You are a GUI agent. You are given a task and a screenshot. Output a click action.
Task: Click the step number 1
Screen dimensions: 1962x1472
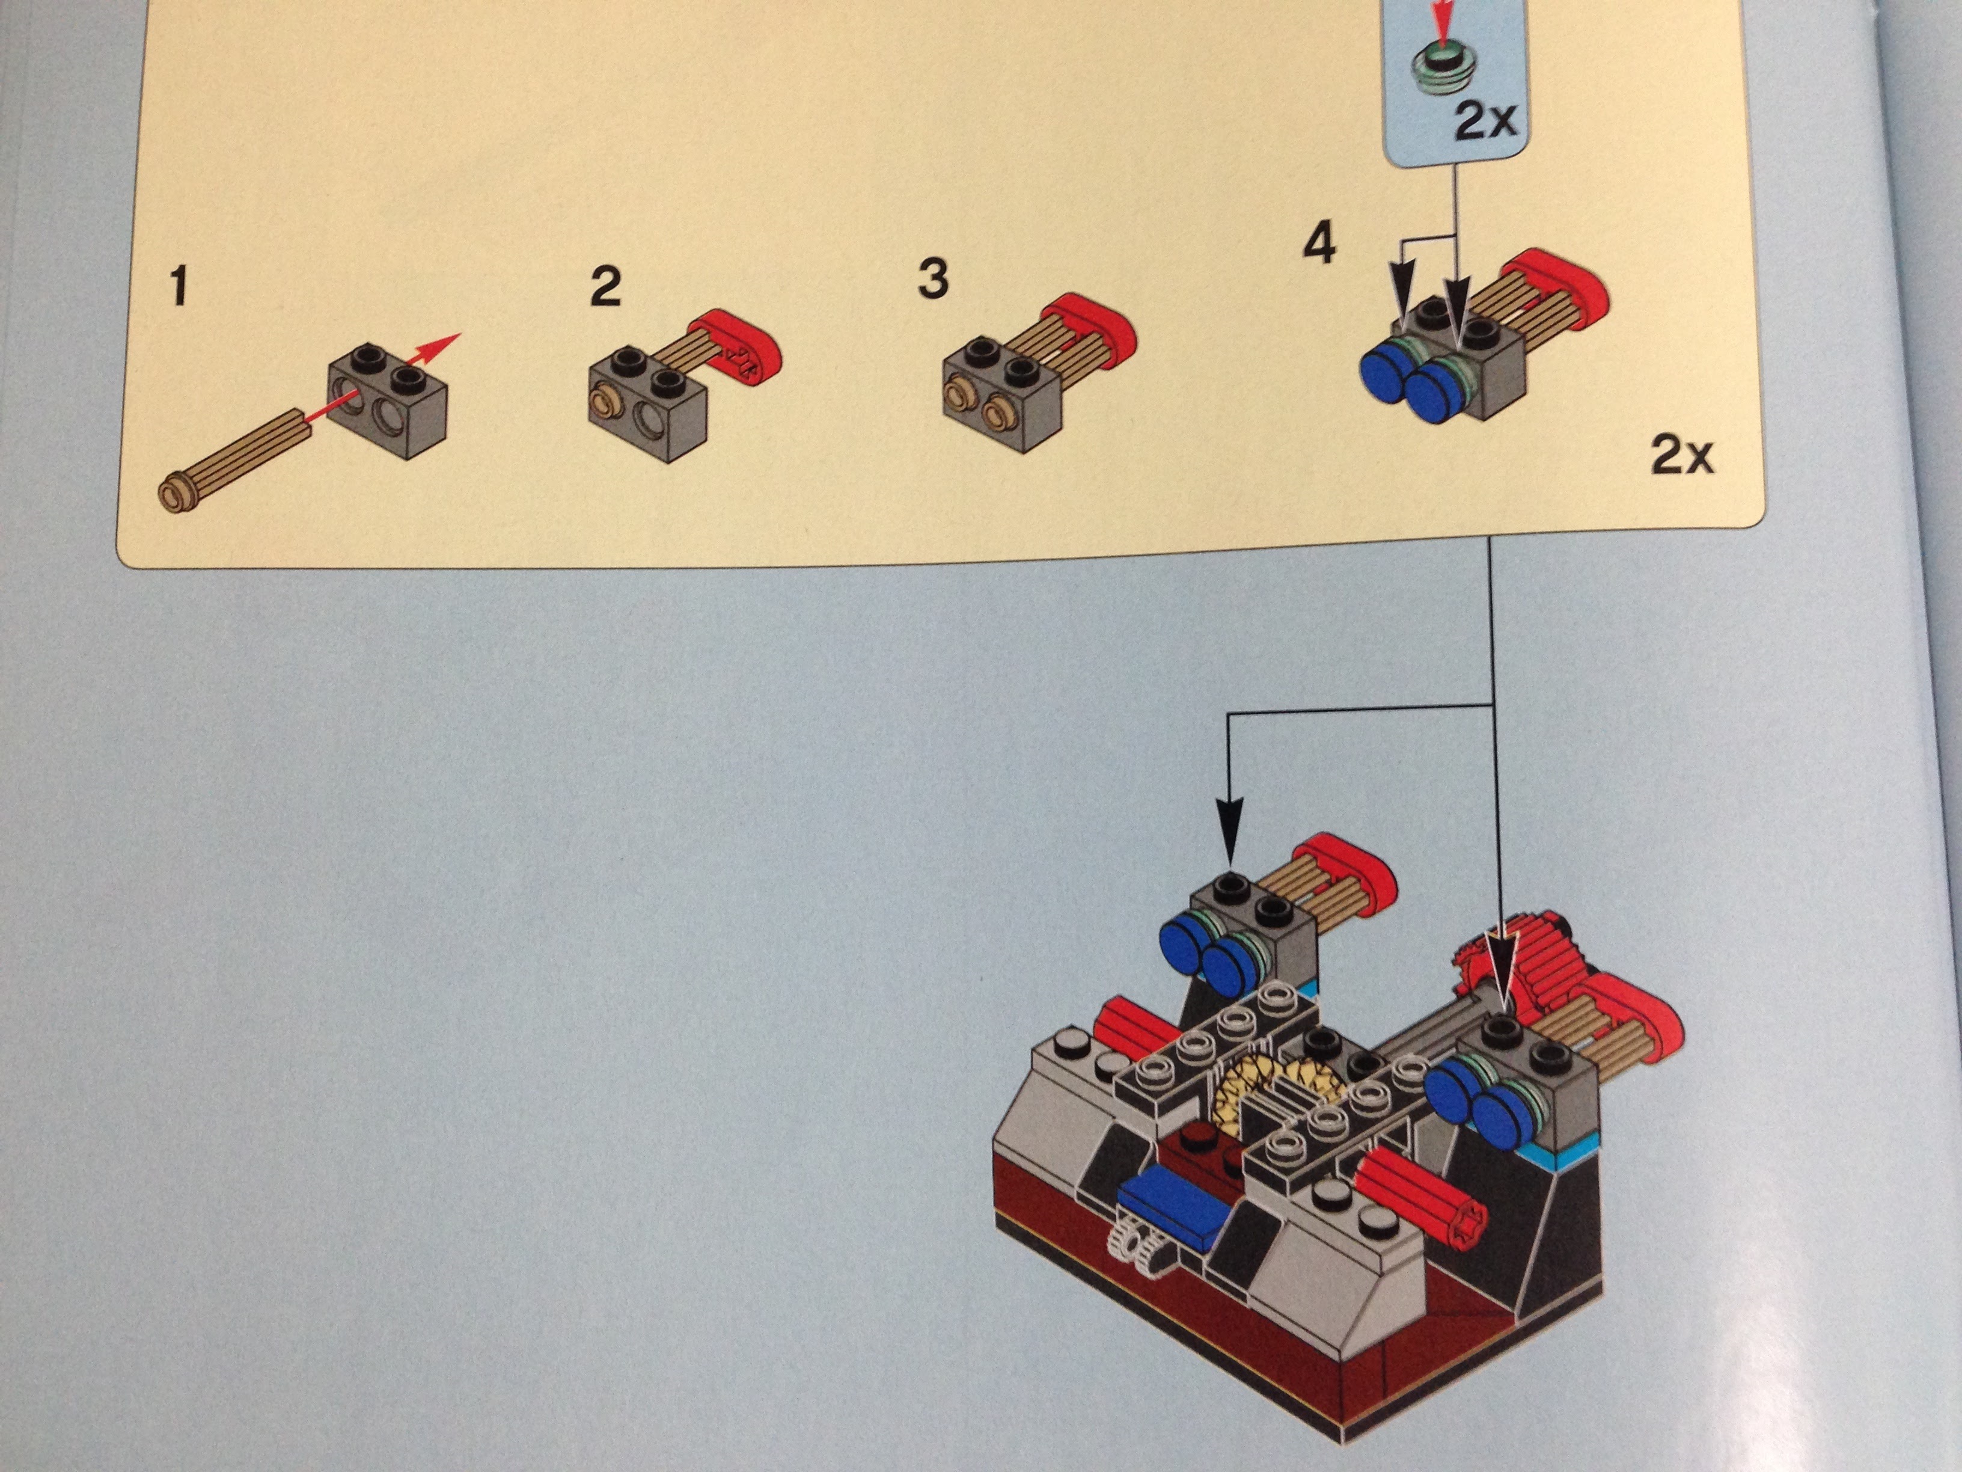180,287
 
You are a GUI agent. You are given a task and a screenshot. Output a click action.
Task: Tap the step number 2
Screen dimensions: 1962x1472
606,287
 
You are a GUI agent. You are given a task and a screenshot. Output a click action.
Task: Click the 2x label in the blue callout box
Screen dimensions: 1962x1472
1487,121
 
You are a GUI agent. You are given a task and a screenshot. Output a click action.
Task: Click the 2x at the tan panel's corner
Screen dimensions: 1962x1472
1682,455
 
